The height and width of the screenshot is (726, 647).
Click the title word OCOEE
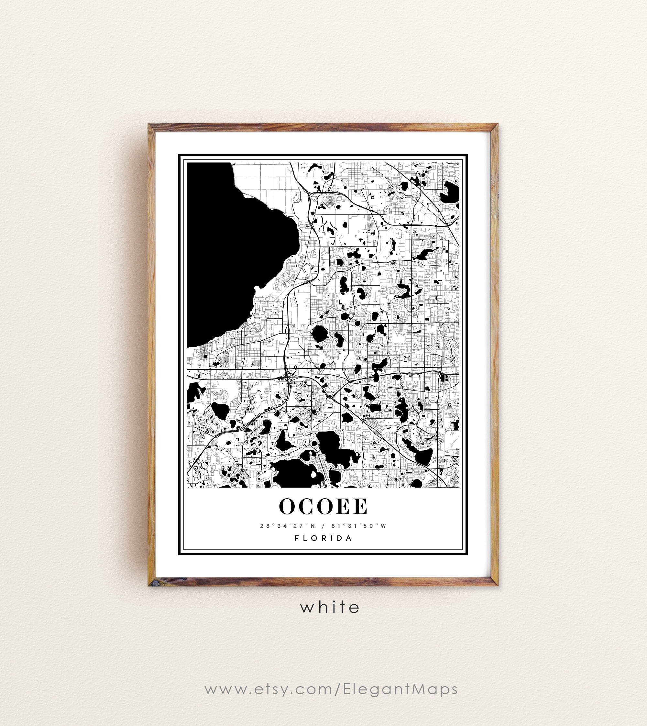pos(323,506)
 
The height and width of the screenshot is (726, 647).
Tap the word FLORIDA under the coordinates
pos(323,538)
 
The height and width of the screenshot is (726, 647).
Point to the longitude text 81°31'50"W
pos(359,526)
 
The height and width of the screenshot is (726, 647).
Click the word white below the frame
pos(330,607)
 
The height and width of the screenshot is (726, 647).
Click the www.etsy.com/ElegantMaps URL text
pos(331,689)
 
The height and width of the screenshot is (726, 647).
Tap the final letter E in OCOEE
pos(360,506)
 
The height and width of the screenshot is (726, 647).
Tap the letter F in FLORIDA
pos(296,538)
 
